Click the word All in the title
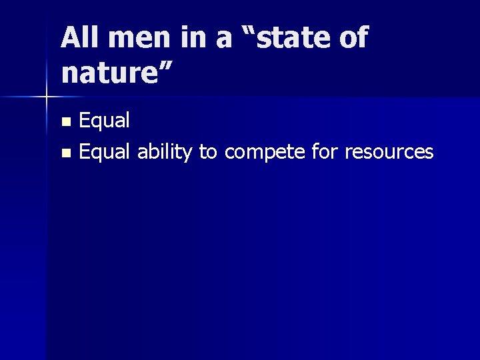coord(78,38)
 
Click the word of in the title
coord(353,38)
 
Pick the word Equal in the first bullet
coord(105,121)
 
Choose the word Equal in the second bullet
coord(105,152)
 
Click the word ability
coord(165,152)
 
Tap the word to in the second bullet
coord(207,152)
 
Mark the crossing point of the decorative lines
coord(46,97)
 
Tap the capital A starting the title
coord(70,38)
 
